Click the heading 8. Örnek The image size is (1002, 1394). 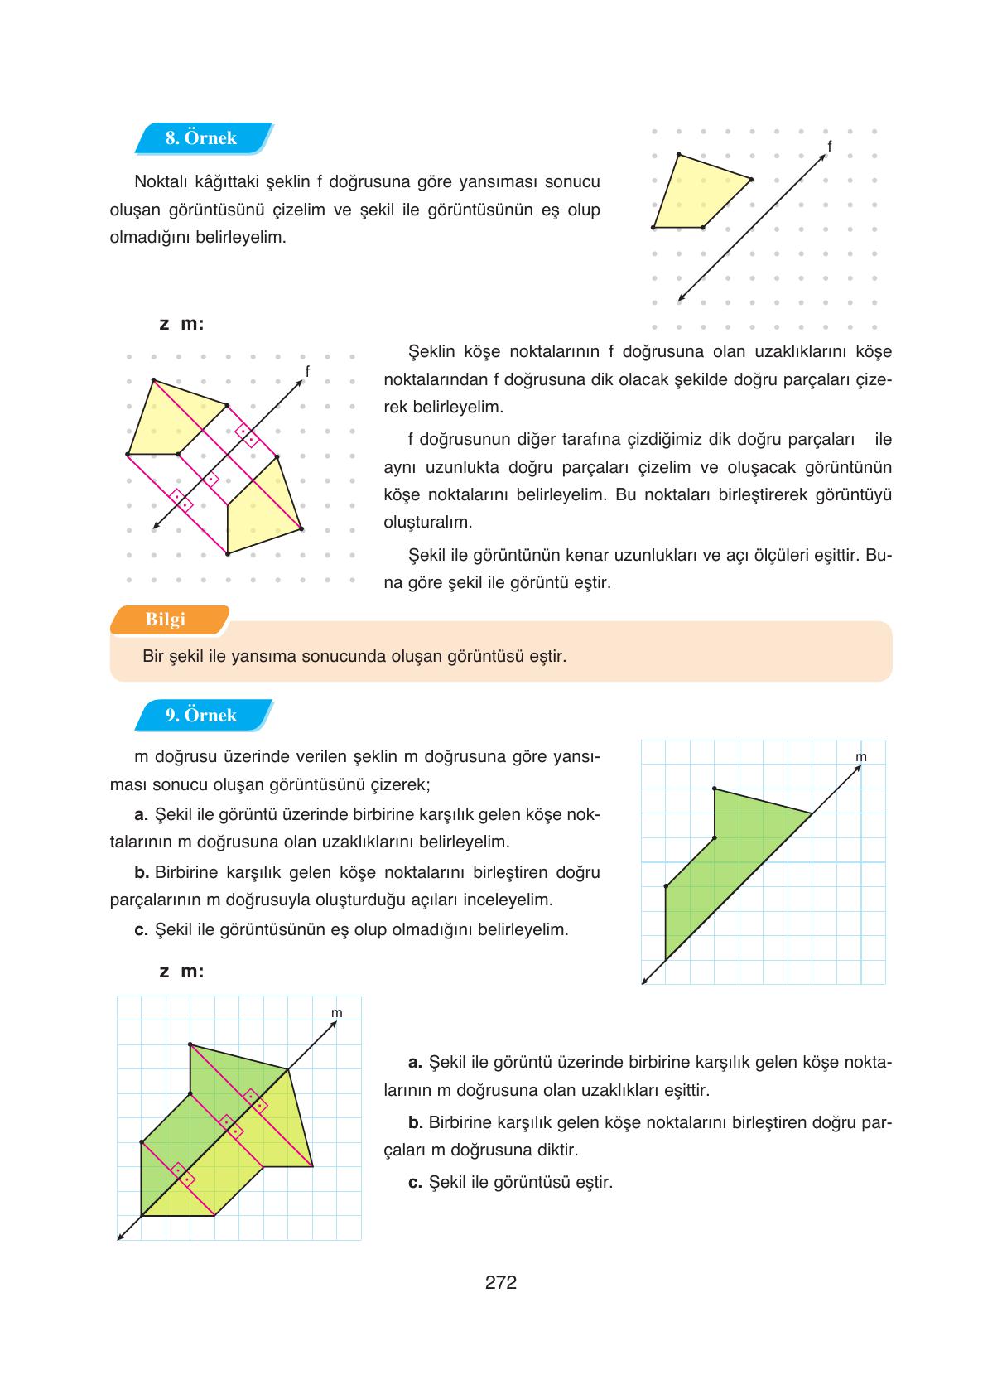[200, 138]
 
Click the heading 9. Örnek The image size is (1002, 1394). [200, 716]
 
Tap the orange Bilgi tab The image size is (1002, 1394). [166, 620]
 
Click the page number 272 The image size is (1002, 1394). [501, 1283]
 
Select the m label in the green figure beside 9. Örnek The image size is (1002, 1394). [860, 757]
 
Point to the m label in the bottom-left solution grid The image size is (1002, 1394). [336, 1013]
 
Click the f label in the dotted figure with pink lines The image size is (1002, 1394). [307, 372]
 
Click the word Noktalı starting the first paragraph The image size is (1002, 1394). [161, 181]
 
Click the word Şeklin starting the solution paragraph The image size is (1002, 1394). [431, 351]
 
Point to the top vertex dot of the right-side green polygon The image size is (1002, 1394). [715, 789]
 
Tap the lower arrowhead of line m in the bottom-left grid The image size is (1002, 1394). [121, 1237]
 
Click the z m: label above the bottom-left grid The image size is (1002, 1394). [181, 972]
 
